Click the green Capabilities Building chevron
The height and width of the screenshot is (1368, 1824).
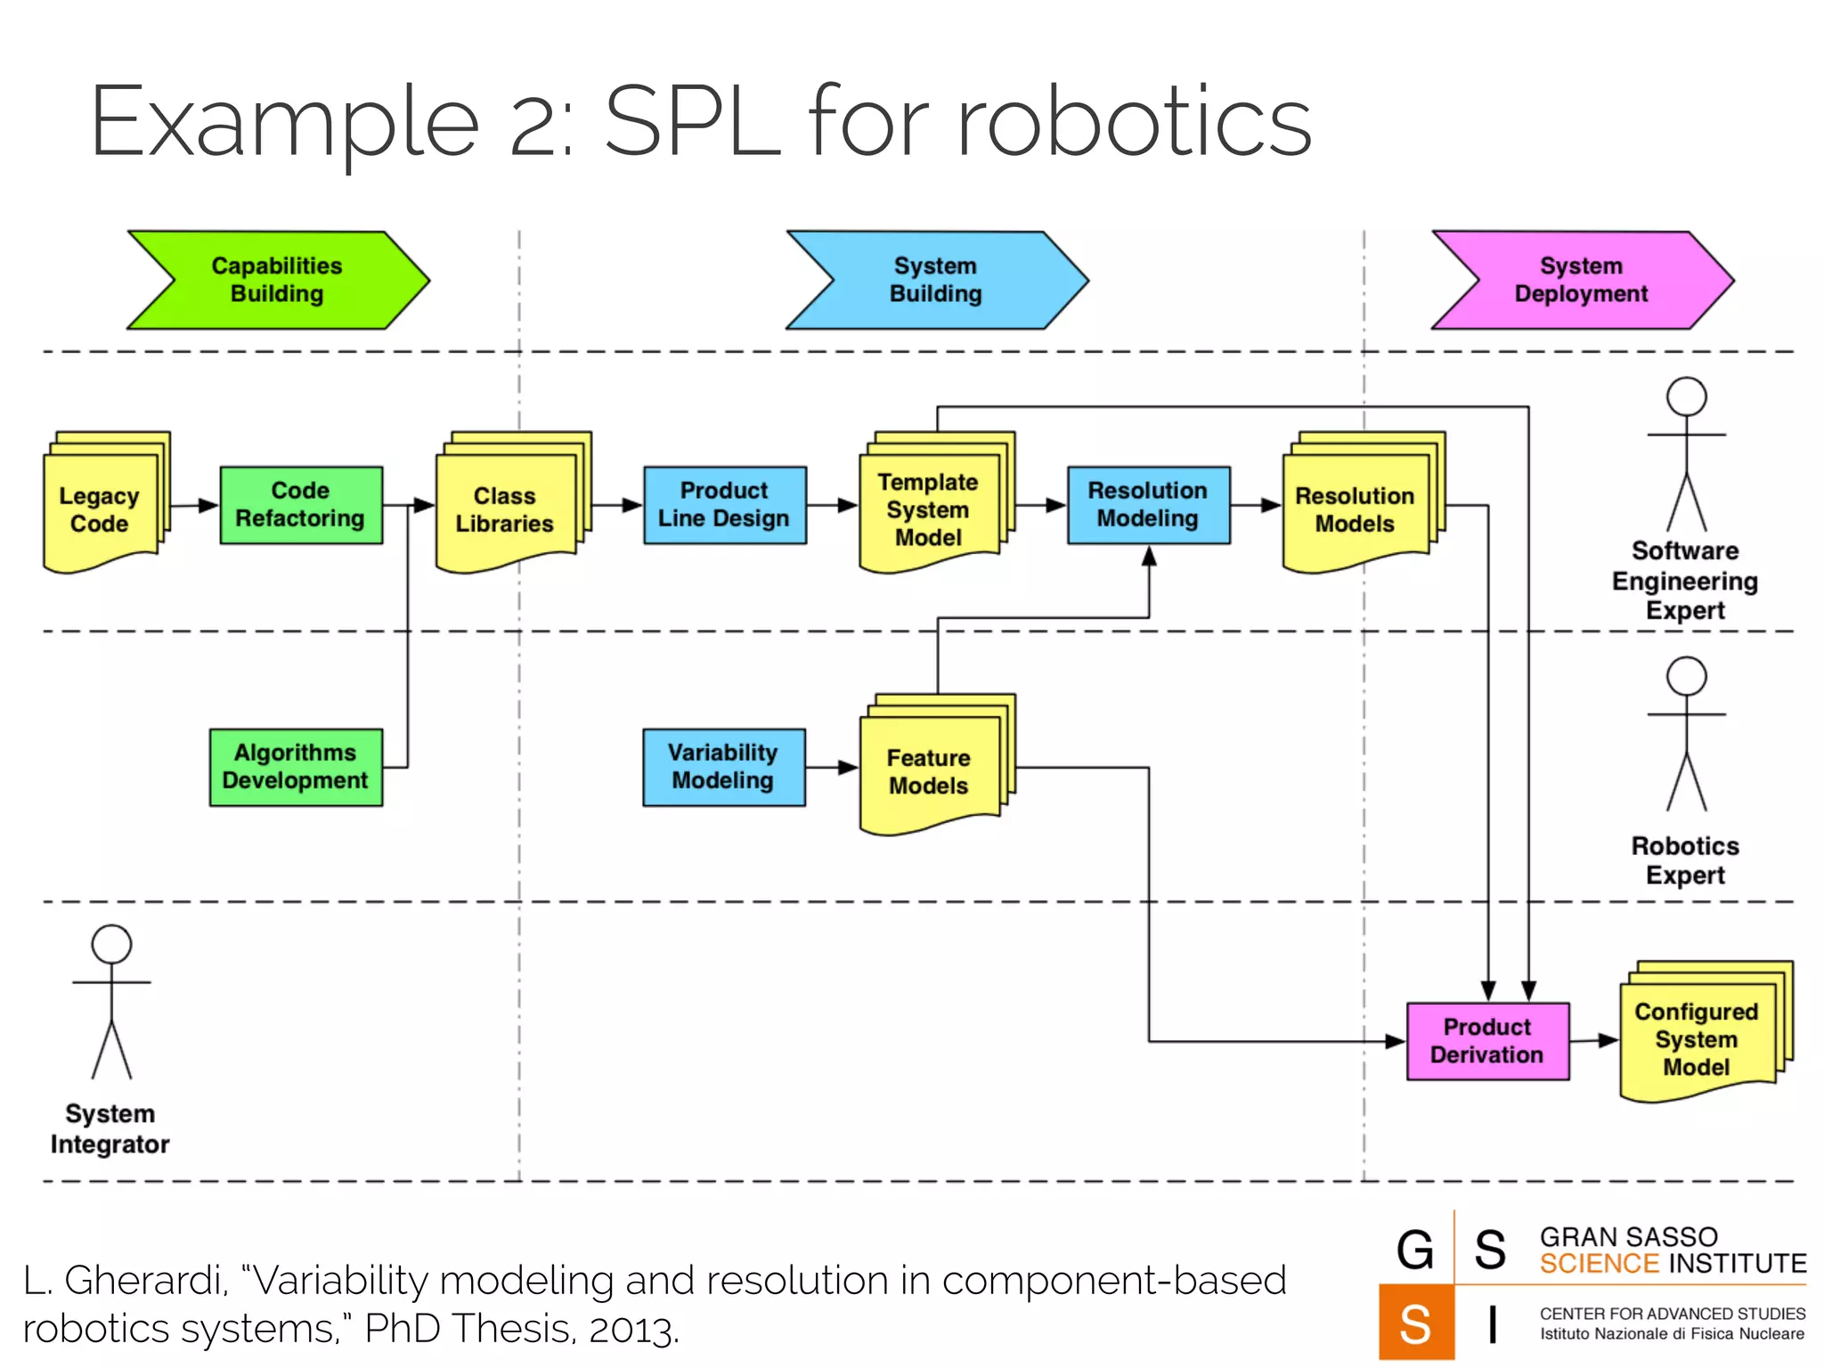point(278,280)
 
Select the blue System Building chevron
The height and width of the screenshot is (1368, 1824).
point(936,280)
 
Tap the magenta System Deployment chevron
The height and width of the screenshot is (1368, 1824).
point(1582,280)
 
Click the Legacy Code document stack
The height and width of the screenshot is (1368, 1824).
point(101,509)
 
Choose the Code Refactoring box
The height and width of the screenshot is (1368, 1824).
point(301,505)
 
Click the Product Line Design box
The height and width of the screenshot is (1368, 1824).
point(724,505)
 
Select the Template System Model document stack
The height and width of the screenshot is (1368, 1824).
point(929,509)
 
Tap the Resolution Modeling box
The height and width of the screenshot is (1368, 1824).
point(1148,505)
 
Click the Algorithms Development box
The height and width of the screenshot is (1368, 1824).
point(296,767)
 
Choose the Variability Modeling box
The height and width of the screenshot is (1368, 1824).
point(723,767)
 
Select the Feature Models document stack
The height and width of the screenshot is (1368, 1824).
point(929,771)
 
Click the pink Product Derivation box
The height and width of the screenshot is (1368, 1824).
point(1487,1041)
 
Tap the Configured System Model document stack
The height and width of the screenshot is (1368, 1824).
point(1697,1039)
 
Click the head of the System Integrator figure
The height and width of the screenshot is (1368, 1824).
point(111,944)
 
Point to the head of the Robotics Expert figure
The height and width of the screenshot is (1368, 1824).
point(1686,677)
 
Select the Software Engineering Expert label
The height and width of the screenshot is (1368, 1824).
point(1685,581)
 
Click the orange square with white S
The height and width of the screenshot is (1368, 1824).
point(1415,1323)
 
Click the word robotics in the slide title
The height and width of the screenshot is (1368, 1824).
point(1134,121)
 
